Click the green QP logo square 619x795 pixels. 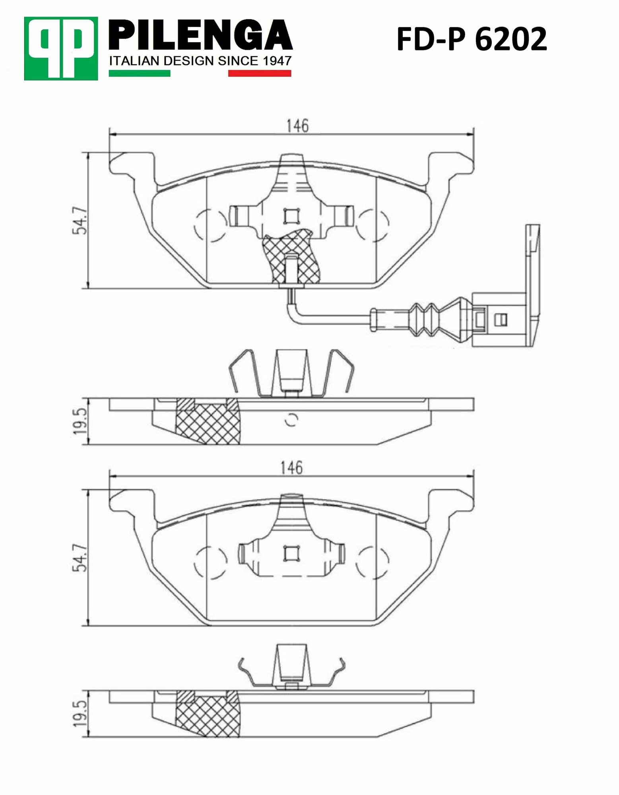(60, 48)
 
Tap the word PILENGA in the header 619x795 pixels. (201, 37)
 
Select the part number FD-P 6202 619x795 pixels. (472, 40)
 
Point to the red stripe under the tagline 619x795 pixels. (259, 73)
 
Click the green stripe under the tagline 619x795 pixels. (140, 73)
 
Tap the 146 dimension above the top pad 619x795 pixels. (297, 126)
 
